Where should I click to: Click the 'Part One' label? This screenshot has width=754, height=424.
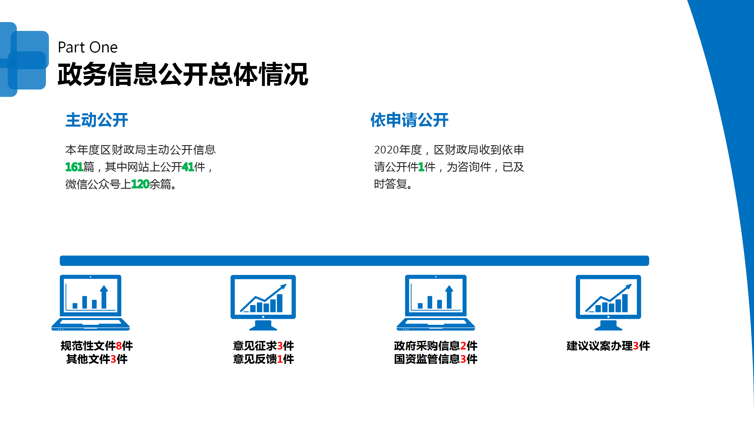[x=88, y=47]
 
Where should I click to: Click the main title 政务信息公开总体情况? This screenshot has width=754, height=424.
[x=183, y=74]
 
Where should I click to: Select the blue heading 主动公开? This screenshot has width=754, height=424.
[x=97, y=120]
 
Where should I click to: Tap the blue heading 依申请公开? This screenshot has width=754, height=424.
[x=409, y=120]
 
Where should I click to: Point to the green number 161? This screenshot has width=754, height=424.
[x=74, y=167]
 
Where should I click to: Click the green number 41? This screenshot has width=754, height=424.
[x=188, y=167]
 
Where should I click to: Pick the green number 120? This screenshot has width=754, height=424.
[x=140, y=184]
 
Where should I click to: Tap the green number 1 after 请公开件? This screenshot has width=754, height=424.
[x=421, y=167]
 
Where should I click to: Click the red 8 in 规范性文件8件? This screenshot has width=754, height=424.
[x=119, y=346]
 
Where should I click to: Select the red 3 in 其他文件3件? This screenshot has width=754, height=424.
[x=113, y=359]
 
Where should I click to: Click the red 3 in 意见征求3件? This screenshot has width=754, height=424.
[x=280, y=346]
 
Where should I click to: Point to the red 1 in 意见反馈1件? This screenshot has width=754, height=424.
[x=280, y=359]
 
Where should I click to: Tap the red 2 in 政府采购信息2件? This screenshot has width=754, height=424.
[x=463, y=346]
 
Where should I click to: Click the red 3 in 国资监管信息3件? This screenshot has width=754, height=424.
[x=463, y=359]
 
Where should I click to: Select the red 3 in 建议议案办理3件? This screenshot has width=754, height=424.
[x=636, y=346]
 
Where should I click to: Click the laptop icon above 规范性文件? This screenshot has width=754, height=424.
[x=91, y=303]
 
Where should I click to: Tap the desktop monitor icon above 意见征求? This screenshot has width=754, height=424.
[x=263, y=303]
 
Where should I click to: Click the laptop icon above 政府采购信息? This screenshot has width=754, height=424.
[x=436, y=303]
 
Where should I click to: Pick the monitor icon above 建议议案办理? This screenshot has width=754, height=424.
[x=609, y=303]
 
